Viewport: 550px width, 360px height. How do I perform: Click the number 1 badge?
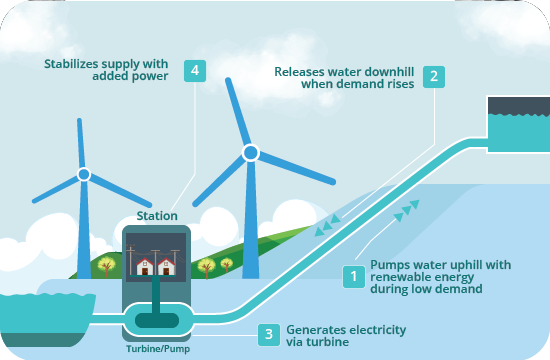tap(352, 276)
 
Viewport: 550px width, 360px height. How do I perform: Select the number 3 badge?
tap(268, 336)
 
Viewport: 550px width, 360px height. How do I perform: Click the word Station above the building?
tap(156, 215)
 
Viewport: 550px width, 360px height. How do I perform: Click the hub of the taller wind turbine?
tap(250, 153)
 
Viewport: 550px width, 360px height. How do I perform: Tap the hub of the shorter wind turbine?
tap(84, 174)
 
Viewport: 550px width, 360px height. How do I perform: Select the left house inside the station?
tap(144, 267)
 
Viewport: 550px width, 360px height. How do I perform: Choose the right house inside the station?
tap(167, 267)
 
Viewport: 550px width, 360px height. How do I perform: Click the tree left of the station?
tap(107, 266)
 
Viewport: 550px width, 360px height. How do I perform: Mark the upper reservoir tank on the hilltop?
tap(516, 121)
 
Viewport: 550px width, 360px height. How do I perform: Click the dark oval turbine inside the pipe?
tap(156, 320)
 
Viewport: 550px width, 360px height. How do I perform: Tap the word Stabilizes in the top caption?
tap(76, 63)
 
